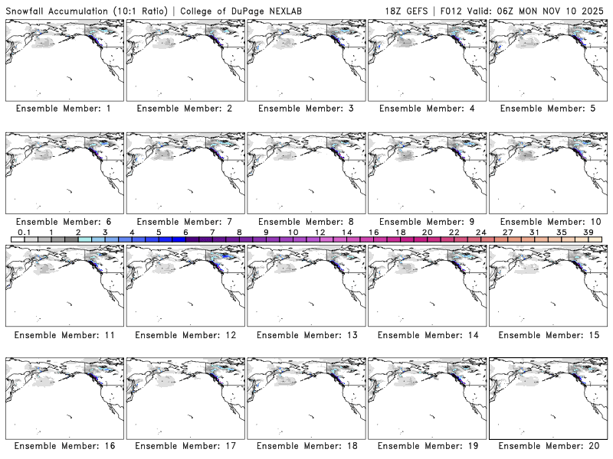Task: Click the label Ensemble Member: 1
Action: [x=63, y=109]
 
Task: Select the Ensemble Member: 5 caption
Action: [x=547, y=109]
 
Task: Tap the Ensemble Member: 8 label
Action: [x=305, y=222]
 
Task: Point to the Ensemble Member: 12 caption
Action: [x=184, y=335]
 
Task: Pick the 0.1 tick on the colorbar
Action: [x=24, y=232]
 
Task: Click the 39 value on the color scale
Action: [x=588, y=232]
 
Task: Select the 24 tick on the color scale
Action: [x=481, y=232]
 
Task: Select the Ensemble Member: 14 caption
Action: [x=426, y=335]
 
